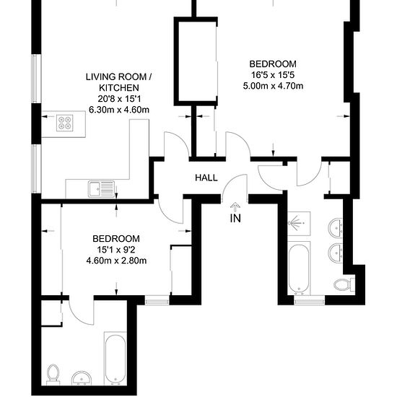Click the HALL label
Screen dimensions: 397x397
click(x=206, y=178)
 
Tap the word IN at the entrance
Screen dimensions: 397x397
click(x=235, y=218)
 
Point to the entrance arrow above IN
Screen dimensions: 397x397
click(x=235, y=207)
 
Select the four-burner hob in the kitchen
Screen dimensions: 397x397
click(x=64, y=123)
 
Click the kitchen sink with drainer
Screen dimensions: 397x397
click(x=101, y=189)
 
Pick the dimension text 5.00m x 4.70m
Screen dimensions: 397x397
click(x=273, y=86)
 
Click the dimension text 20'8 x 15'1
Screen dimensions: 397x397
click(x=119, y=99)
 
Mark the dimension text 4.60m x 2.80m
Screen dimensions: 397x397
click(x=116, y=261)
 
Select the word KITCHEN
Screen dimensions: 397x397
click(x=119, y=88)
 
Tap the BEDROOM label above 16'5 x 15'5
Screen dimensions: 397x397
click(x=273, y=64)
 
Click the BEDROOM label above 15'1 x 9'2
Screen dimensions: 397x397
click(x=116, y=239)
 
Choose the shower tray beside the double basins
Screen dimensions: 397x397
click(x=299, y=224)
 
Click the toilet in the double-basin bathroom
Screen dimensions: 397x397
click(x=344, y=285)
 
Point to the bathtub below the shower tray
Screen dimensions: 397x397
click(x=299, y=268)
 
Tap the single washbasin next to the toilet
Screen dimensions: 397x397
click(x=82, y=378)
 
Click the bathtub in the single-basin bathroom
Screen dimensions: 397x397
click(x=115, y=359)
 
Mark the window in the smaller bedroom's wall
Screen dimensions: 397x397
click(x=157, y=301)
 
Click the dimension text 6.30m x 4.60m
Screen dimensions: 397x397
click(x=119, y=110)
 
